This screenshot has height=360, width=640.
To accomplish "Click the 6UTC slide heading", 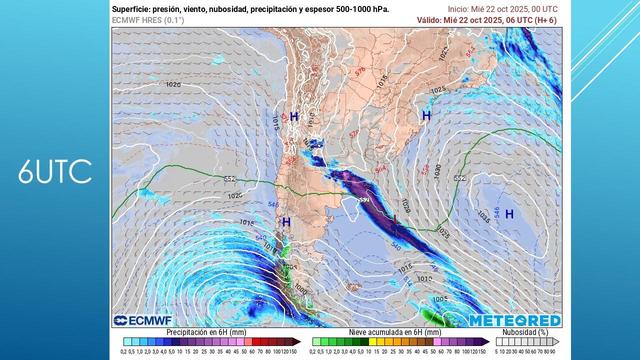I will click(55, 172).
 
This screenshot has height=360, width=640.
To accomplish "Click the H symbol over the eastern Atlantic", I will click(509, 213).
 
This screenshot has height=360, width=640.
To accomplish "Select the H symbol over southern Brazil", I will click(426, 117).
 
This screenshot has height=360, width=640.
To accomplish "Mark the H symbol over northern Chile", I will click(294, 117).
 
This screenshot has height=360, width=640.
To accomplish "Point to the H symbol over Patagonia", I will click(286, 222).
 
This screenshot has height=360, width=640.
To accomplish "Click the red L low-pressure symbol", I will click(395, 216).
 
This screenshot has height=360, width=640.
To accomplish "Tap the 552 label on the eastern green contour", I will click(459, 178).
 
